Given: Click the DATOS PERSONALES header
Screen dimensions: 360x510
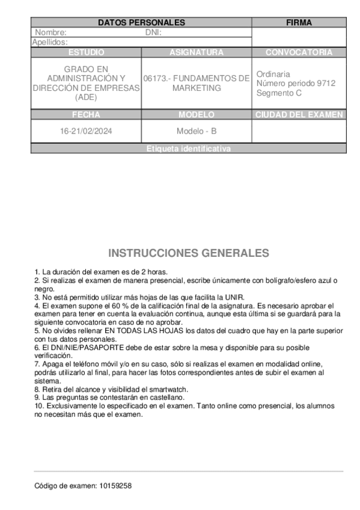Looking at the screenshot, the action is click(141, 23).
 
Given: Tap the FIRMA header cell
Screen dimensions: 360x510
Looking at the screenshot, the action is click(299, 23).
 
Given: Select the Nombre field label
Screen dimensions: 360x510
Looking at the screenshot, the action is click(51, 32).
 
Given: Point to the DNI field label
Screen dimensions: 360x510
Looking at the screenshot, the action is click(153, 32).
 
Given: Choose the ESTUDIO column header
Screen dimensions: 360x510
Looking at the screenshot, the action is click(86, 52).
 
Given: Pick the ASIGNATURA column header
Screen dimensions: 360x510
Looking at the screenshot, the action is click(197, 52).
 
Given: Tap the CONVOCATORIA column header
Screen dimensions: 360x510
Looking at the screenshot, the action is click(299, 52).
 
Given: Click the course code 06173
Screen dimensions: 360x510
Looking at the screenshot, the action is click(156, 78).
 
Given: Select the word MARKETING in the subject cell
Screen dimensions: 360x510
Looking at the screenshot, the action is click(197, 88).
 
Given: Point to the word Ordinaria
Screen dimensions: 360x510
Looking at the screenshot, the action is click(273, 74).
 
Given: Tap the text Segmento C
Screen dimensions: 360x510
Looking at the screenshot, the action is click(279, 93).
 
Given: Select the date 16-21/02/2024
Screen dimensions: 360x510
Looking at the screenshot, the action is click(86, 131).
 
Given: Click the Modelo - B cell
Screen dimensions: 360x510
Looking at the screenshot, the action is click(197, 131).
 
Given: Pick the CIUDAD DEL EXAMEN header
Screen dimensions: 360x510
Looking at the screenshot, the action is click(299, 114).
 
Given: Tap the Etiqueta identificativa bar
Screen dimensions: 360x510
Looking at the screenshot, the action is click(188, 149).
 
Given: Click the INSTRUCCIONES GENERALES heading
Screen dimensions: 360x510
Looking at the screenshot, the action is click(188, 253).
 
